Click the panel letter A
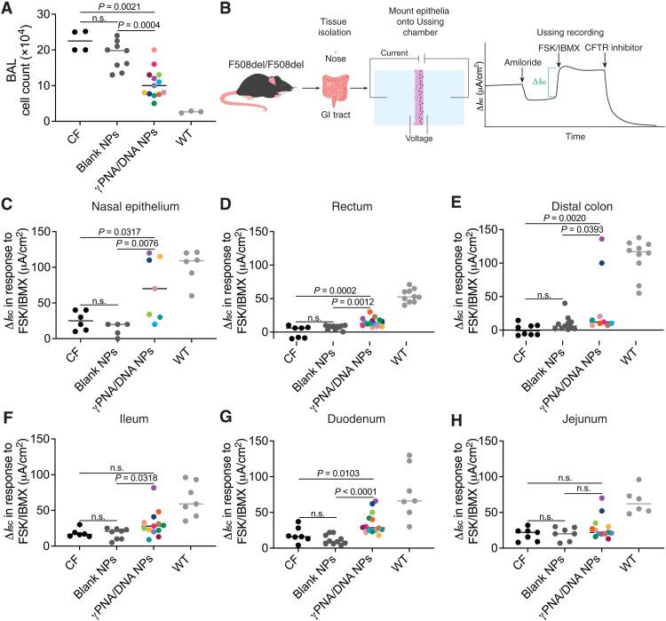click(7, 9)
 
